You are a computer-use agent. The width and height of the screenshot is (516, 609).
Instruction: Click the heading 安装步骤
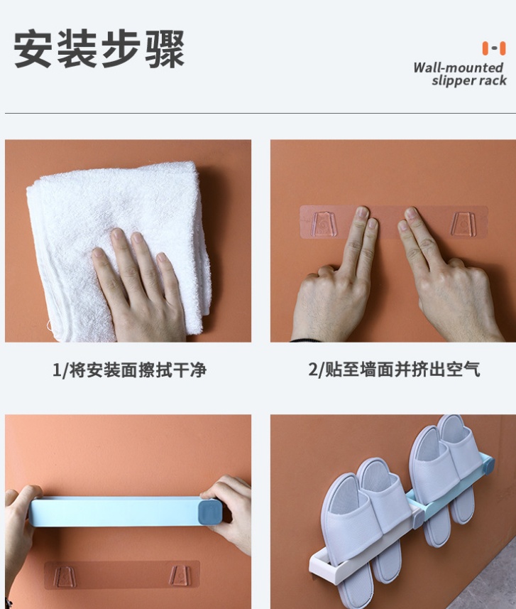pos(99,49)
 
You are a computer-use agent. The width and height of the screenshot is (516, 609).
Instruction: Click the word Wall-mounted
pos(458,68)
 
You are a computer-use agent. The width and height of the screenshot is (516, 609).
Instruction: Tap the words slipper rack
pos(469,80)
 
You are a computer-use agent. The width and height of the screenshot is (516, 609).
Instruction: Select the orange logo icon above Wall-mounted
pos(494,48)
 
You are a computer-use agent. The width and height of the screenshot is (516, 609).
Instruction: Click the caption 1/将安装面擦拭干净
pos(129,370)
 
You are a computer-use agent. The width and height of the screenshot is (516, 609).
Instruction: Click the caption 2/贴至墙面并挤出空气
pos(394,369)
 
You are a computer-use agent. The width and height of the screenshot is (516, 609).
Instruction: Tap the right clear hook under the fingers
pos(462,224)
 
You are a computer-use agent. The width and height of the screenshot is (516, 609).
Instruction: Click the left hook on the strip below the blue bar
pos(64,576)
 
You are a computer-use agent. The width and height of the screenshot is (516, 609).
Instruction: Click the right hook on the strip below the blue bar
pos(180,576)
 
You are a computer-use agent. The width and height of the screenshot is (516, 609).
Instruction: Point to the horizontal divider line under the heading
pos(260,114)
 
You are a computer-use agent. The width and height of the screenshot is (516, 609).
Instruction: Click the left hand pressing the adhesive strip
pos(334,280)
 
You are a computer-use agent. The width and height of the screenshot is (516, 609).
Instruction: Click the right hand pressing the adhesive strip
pos(446,280)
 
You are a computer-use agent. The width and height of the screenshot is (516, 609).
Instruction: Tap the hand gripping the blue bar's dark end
pos(230,512)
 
